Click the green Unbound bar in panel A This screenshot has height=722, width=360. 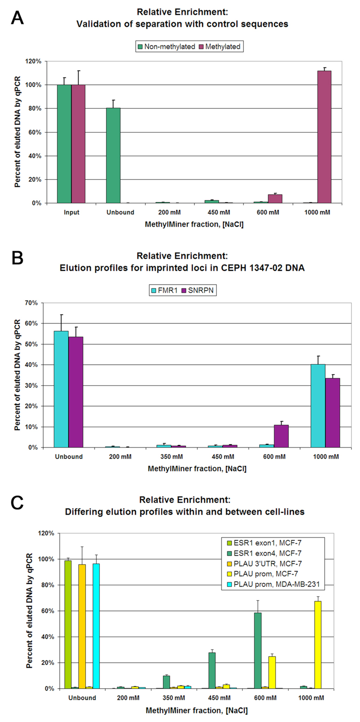tap(113, 155)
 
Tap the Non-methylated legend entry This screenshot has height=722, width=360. tap(167, 46)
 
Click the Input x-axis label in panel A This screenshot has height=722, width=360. tap(71, 212)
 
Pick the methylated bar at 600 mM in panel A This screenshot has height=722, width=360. tap(275, 199)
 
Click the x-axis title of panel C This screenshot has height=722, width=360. tap(197, 710)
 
